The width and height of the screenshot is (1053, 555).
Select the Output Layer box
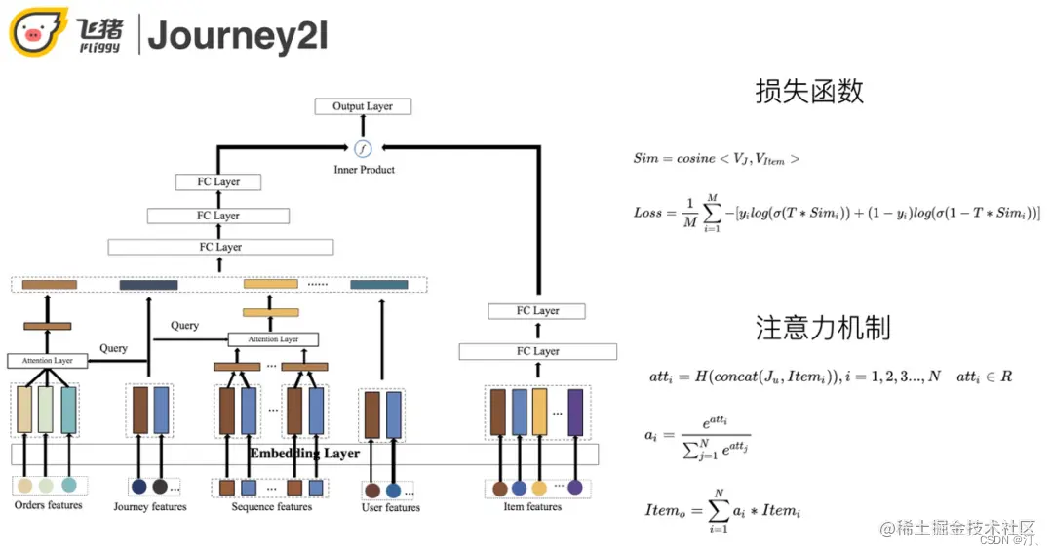point(363,106)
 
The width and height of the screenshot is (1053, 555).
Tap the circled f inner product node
point(363,148)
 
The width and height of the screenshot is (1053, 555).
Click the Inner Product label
point(363,170)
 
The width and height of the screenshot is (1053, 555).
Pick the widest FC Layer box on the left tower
point(219,247)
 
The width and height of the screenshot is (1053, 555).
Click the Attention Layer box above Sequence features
point(273,339)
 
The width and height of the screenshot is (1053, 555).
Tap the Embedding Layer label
point(304,454)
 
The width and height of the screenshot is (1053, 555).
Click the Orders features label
point(49,505)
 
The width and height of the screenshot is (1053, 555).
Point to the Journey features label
point(149,506)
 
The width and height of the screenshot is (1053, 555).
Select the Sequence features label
point(272,506)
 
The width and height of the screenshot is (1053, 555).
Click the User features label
point(390,507)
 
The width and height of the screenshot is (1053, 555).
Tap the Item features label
point(532,506)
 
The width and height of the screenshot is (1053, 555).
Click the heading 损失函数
point(809,92)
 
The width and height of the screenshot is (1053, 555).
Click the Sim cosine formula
point(716,158)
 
